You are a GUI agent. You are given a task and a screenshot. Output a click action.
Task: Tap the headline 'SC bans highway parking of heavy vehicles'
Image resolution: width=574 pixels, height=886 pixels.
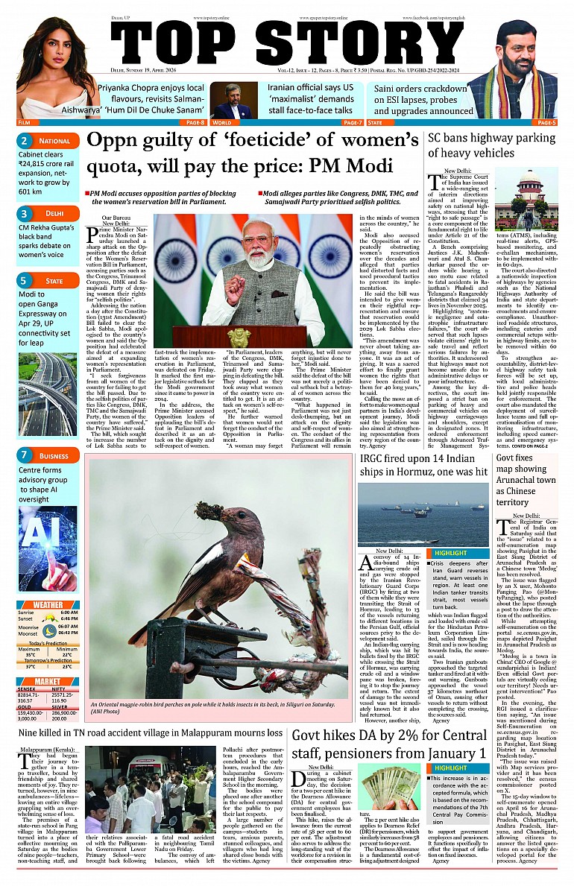(x=492, y=145)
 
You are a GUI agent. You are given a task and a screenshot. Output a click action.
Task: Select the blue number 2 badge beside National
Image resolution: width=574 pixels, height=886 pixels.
(x=25, y=141)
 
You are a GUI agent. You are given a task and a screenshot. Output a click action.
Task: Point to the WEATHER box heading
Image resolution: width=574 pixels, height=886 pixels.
(x=48, y=605)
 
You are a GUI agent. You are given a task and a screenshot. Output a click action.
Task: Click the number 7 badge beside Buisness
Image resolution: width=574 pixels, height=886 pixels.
(x=25, y=455)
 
